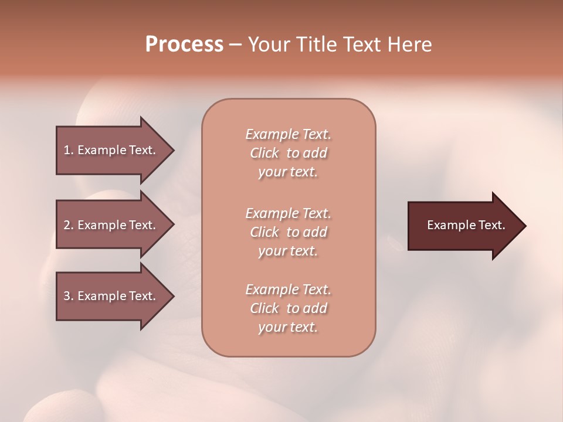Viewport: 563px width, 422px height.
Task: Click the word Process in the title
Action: pos(184,45)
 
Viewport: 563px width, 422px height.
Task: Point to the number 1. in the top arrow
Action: pos(69,150)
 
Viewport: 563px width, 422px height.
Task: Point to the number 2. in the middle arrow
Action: pos(69,225)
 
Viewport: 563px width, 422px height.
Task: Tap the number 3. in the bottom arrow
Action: pos(69,296)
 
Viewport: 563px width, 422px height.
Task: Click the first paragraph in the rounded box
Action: pos(288,153)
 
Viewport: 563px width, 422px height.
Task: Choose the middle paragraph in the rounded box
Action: pos(288,232)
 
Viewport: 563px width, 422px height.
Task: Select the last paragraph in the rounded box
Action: pos(288,308)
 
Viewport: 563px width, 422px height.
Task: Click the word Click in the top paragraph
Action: pos(264,154)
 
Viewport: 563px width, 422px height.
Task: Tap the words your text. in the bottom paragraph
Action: pos(288,328)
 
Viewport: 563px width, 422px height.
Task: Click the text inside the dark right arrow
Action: pos(466,225)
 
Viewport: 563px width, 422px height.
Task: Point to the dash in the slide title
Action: pos(235,45)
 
